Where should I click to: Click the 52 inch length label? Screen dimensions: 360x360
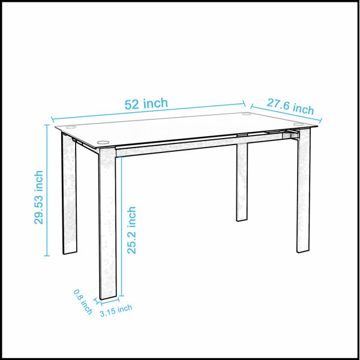click(146, 104)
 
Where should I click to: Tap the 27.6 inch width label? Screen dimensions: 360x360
click(290, 107)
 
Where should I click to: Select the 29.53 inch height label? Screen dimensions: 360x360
click(39, 197)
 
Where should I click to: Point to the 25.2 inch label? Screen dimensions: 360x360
click(131, 230)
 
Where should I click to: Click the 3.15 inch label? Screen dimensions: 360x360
click(116, 310)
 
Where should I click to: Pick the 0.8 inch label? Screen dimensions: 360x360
click(83, 302)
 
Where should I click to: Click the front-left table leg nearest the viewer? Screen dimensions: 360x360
click(107, 223)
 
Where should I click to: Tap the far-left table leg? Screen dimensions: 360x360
click(69, 194)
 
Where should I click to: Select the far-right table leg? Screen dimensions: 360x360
click(303, 190)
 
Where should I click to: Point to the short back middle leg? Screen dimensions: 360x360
click(242, 182)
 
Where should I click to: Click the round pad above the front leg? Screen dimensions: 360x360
click(103, 142)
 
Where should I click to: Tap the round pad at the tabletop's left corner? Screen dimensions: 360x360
click(71, 127)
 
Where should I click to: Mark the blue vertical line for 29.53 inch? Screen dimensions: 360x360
click(47, 190)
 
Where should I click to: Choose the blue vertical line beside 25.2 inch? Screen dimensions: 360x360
click(121, 226)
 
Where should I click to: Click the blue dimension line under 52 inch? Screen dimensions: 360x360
click(149, 112)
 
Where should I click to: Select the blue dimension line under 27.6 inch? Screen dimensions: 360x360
click(286, 113)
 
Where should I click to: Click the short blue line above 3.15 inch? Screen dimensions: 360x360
click(110, 301)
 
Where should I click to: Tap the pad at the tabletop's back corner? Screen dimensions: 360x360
click(247, 113)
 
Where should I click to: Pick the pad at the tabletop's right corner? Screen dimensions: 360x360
click(298, 124)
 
